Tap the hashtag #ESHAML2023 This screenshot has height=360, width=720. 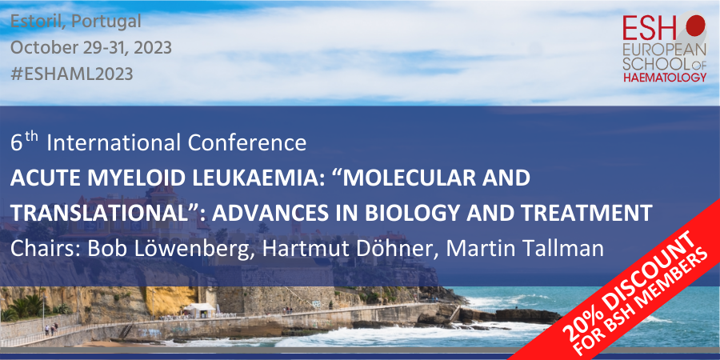(x=72, y=74)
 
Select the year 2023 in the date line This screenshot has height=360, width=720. (x=153, y=48)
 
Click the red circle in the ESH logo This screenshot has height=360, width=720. (x=695, y=24)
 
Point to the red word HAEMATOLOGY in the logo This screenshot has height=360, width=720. (x=665, y=78)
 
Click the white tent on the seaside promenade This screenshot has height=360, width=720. (x=198, y=310)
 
